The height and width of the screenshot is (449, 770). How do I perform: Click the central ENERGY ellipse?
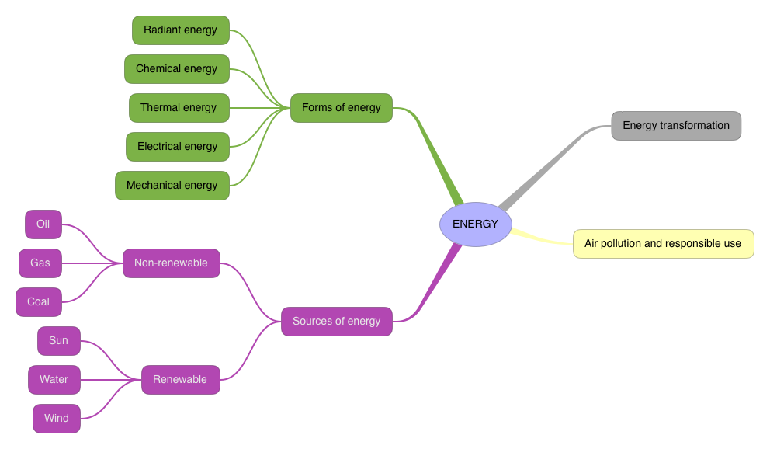point(475,224)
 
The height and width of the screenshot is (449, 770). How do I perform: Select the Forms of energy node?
point(342,108)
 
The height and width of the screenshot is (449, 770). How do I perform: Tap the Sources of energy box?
point(337,321)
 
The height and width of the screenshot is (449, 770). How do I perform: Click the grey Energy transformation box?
point(676,126)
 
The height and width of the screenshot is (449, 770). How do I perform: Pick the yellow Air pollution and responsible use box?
point(663,244)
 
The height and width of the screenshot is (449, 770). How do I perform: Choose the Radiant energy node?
point(181,30)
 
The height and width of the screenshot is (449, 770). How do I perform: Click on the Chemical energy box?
point(177,69)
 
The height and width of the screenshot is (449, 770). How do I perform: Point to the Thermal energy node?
point(179,108)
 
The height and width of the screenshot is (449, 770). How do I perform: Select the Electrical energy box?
point(178,147)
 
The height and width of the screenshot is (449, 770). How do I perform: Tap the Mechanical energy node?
point(172,186)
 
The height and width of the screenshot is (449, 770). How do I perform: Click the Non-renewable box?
point(171,263)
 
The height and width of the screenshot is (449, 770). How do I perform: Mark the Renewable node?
point(180,380)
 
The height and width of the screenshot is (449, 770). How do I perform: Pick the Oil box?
point(43,224)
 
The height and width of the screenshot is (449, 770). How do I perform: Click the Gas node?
point(40,263)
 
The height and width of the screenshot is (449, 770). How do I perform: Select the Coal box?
point(39,302)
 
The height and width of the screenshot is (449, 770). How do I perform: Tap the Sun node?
point(59,341)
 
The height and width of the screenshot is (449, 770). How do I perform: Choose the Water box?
point(54,380)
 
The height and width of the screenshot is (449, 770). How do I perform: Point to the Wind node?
point(57,419)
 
